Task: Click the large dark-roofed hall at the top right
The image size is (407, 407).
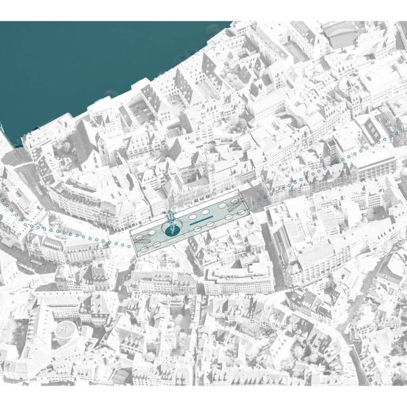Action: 339,33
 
